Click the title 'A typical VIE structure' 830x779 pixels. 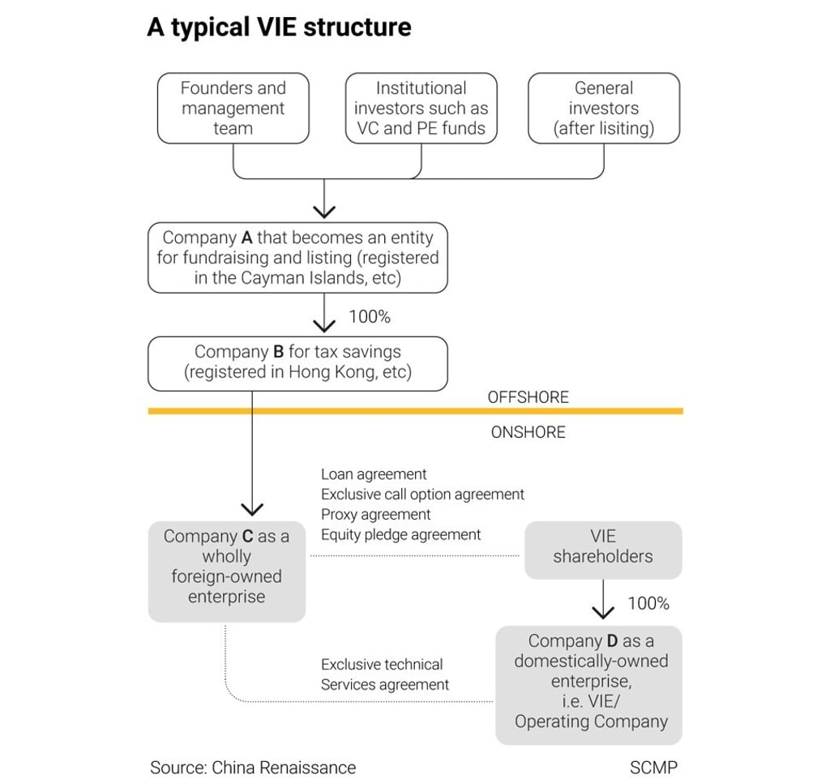(x=279, y=28)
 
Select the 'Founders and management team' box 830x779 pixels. (x=233, y=108)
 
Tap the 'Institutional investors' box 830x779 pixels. (x=421, y=108)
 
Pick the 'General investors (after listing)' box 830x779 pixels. (x=604, y=108)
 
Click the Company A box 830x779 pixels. (x=297, y=258)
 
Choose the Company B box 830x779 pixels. (x=297, y=363)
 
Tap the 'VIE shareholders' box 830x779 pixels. (x=603, y=547)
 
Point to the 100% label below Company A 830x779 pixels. (x=369, y=317)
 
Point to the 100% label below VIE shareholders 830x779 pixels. (x=648, y=603)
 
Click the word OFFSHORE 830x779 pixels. (x=528, y=397)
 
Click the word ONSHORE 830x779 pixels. (x=528, y=432)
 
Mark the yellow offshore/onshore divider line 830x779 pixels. (x=415, y=411)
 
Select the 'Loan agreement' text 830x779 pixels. (x=374, y=474)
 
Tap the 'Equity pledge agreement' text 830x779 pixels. (x=401, y=535)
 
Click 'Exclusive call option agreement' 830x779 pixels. (x=422, y=494)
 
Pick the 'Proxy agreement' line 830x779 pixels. (x=376, y=515)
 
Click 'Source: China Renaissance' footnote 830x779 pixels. (x=253, y=767)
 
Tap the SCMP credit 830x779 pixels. (x=653, y=767)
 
